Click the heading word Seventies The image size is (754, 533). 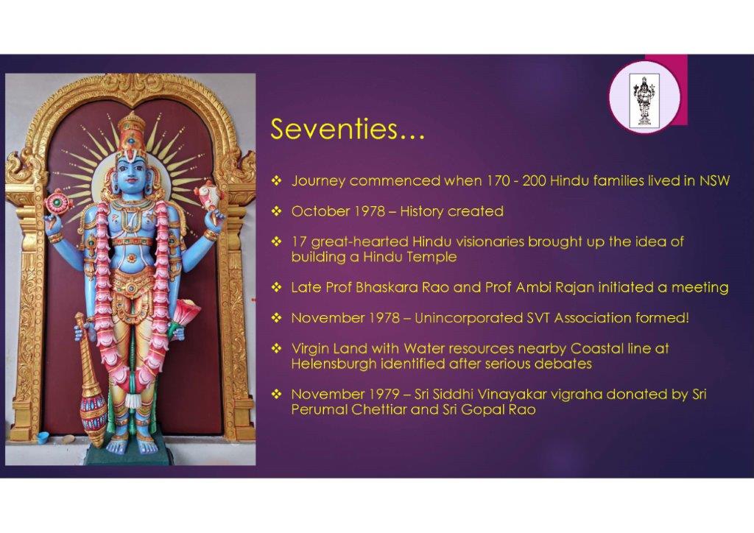pyautogui.click(x=335, y=129)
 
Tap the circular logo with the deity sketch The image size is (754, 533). pyautogui.click(x=644, y=97)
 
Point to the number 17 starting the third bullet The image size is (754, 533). pyautogui.click(x=299, y=241)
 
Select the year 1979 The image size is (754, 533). pyautogui.click(x=384, y=394)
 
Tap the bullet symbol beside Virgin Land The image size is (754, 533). pyautogui.click(x=277, y=348)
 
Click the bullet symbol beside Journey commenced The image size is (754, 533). pyautogui.click(x=277, y=180)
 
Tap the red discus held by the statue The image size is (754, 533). pyautogui.click(x=57, y=202)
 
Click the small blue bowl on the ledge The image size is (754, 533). pyautogui.click(x=43, y=437)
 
